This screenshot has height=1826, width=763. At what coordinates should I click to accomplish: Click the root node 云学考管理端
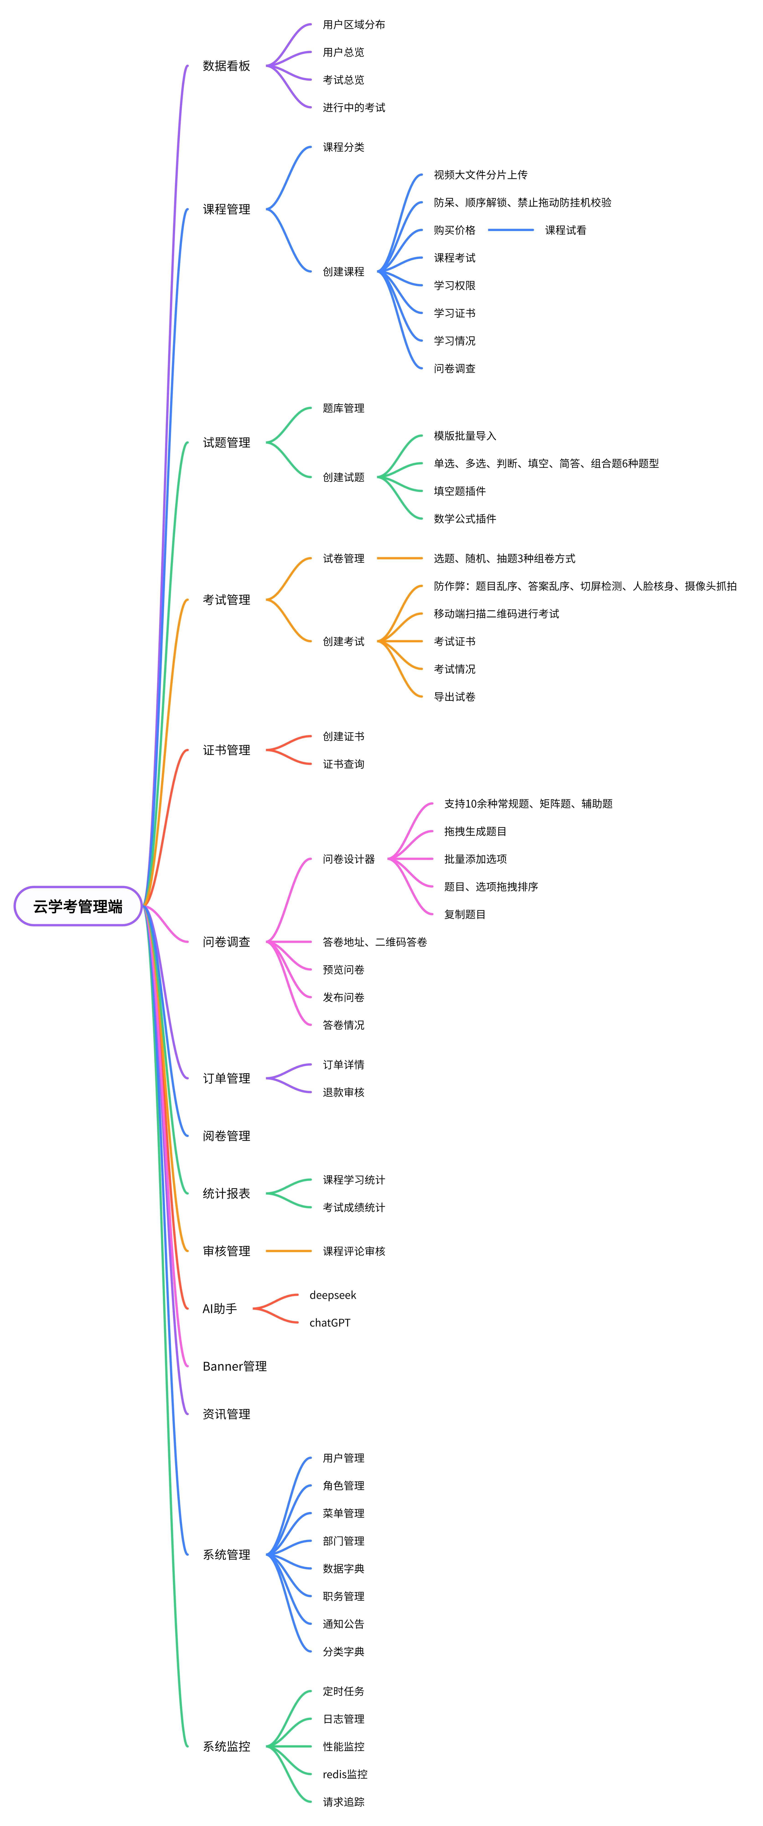point(78,906)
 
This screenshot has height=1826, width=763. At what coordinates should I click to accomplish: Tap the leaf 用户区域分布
point(353,25)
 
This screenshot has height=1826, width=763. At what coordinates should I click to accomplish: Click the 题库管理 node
point(344,408)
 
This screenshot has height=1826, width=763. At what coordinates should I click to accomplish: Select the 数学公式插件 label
point(465,519)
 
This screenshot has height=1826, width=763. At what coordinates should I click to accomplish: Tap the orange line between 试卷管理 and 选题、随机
point(400,559)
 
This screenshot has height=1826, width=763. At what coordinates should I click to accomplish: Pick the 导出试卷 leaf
point(454,697)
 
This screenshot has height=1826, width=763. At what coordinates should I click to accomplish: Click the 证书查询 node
point(344,764)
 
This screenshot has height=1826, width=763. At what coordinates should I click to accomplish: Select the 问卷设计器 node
point(349,859)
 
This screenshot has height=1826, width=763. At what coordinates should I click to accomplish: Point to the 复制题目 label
point(465,914)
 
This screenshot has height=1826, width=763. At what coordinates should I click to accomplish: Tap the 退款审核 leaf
point(344,1092)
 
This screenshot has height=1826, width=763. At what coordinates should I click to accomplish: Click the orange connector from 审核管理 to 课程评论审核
point(288,1251)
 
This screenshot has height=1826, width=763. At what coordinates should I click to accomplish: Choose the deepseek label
point(332,1295)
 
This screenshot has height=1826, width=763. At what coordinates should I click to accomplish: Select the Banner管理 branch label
point(234,1366)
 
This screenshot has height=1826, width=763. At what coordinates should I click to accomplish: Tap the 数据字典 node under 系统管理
point(344,1569)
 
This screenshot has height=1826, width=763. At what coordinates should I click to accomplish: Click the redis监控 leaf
point(345,1774)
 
